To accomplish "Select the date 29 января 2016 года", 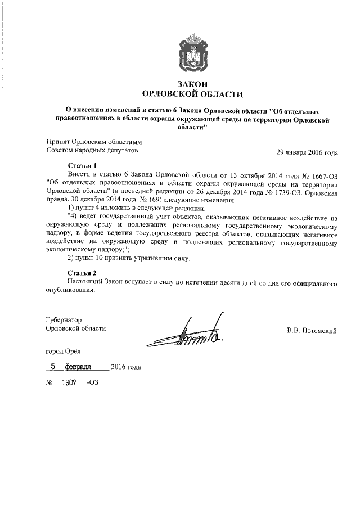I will (x=307, y=152).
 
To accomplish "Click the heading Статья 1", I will (x=83, y=166).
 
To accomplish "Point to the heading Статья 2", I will (x=83, y=273).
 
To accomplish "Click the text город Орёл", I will (x=63, y=351).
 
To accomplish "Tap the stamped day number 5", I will (x=53, y=366).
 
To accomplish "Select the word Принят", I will (x=56, y=142).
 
